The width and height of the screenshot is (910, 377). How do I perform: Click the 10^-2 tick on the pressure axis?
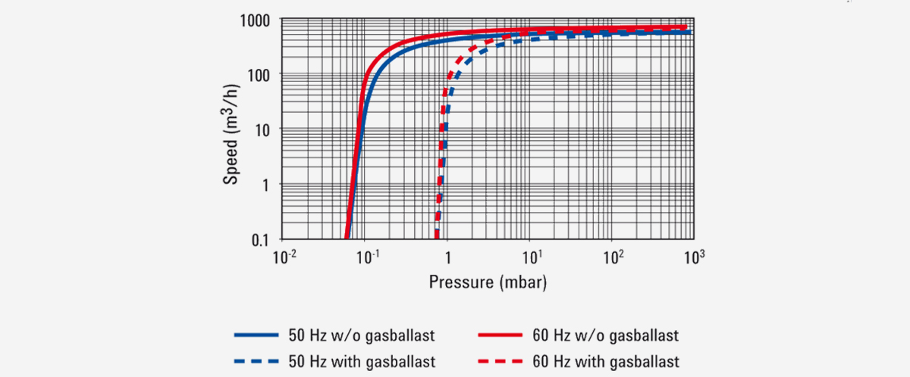(x=284, y=257)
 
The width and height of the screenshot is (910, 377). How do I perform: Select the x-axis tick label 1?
(x=447, y=259)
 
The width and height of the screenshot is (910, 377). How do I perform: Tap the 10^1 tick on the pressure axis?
(x=530, y=257)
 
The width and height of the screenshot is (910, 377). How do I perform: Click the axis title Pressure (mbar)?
(x=488, y=282)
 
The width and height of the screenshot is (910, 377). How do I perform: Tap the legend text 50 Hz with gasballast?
(x=360, y=361)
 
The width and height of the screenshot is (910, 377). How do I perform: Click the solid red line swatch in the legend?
(x=501, y=335)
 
